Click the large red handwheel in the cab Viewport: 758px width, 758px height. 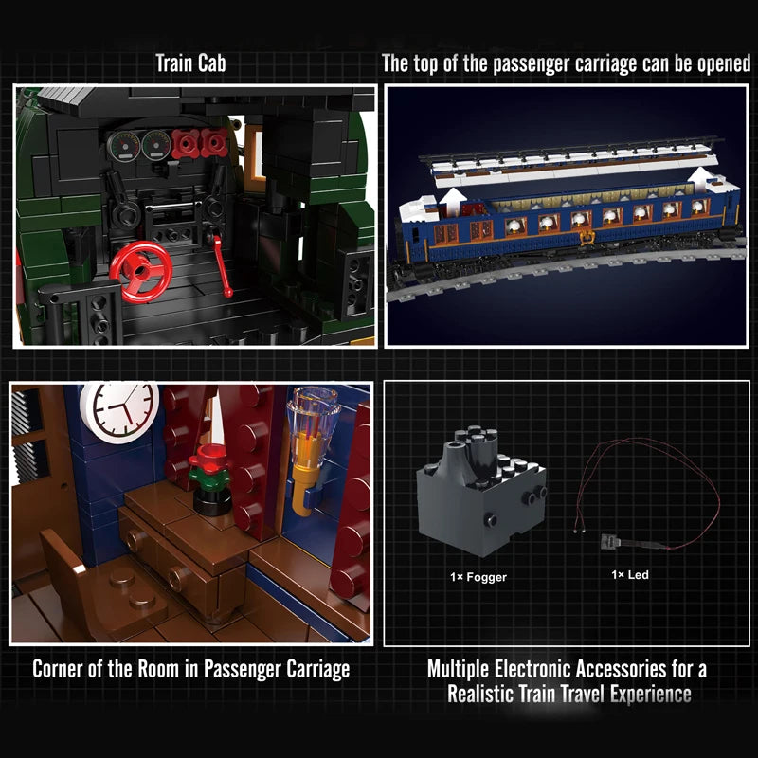[x=140, y=266]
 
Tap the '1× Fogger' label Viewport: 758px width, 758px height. [x=479, y=575]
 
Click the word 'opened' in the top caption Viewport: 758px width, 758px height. [x=717, y=64]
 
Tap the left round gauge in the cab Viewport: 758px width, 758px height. [x=123, y=145]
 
